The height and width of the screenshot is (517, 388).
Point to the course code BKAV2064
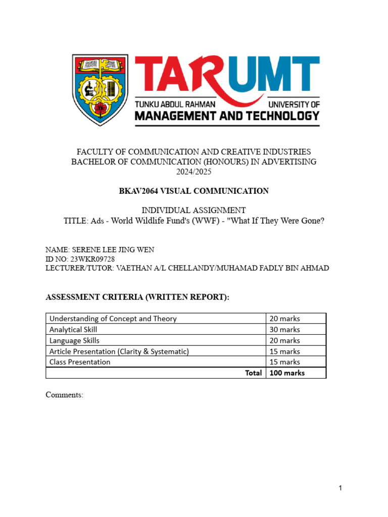click(139, 191)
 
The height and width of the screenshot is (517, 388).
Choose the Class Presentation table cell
click(80, 361)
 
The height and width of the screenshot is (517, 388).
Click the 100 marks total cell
click(287, 373)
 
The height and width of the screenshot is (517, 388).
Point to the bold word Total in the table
click(254, 373)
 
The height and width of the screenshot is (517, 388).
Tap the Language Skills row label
click(74, 340)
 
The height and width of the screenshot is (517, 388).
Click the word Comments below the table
click(64, 395)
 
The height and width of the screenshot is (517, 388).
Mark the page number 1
click(341, 488)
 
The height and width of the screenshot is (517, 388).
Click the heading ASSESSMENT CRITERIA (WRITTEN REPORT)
click(137, 298)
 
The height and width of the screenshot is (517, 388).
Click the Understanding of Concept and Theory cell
click(113, 318)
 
